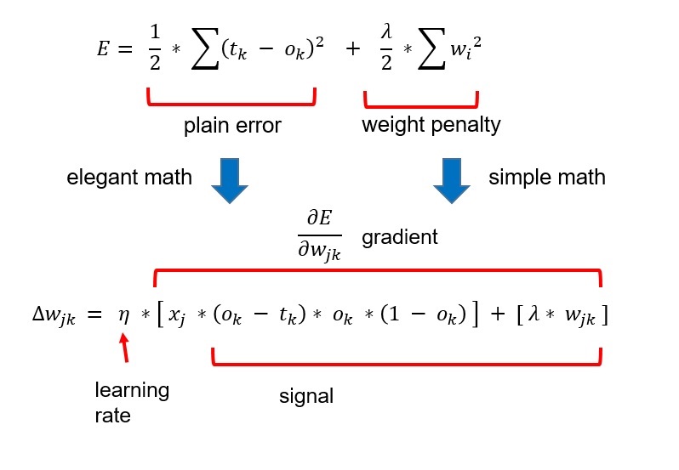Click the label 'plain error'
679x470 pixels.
(x=232, y=127)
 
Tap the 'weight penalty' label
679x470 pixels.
(x=431, y=126)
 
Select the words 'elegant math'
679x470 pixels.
(x=129, y=178)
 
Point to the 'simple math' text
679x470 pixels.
(x=547, y=178)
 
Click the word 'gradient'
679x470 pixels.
(x=400, y=238)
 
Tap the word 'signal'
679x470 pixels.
(x=306, y=396)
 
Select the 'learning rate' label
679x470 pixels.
(x=132, y=403)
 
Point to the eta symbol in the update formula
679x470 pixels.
(x=124, y=315)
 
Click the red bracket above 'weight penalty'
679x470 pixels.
(x=421, y=100)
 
